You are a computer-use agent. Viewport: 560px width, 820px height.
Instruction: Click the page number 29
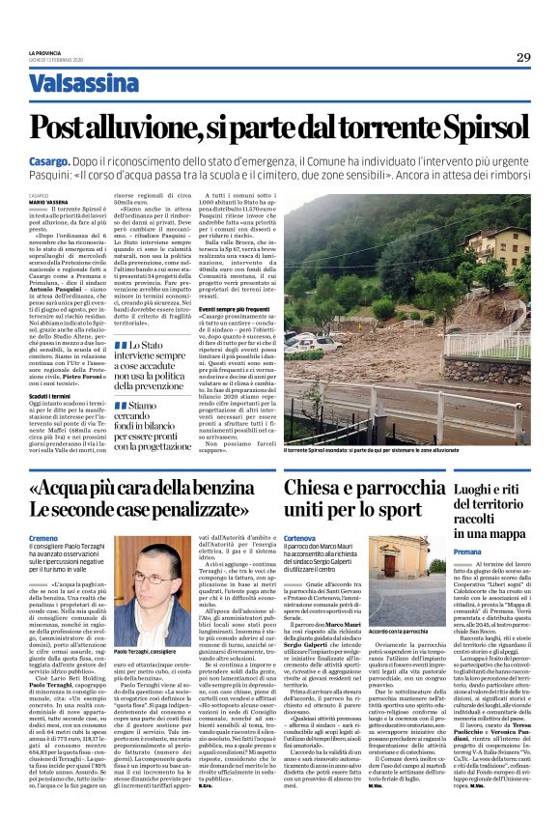pyautogui.click(x=522, y=57)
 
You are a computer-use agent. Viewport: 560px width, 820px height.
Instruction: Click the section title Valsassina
pyautogui.click(x=83, y=84)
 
